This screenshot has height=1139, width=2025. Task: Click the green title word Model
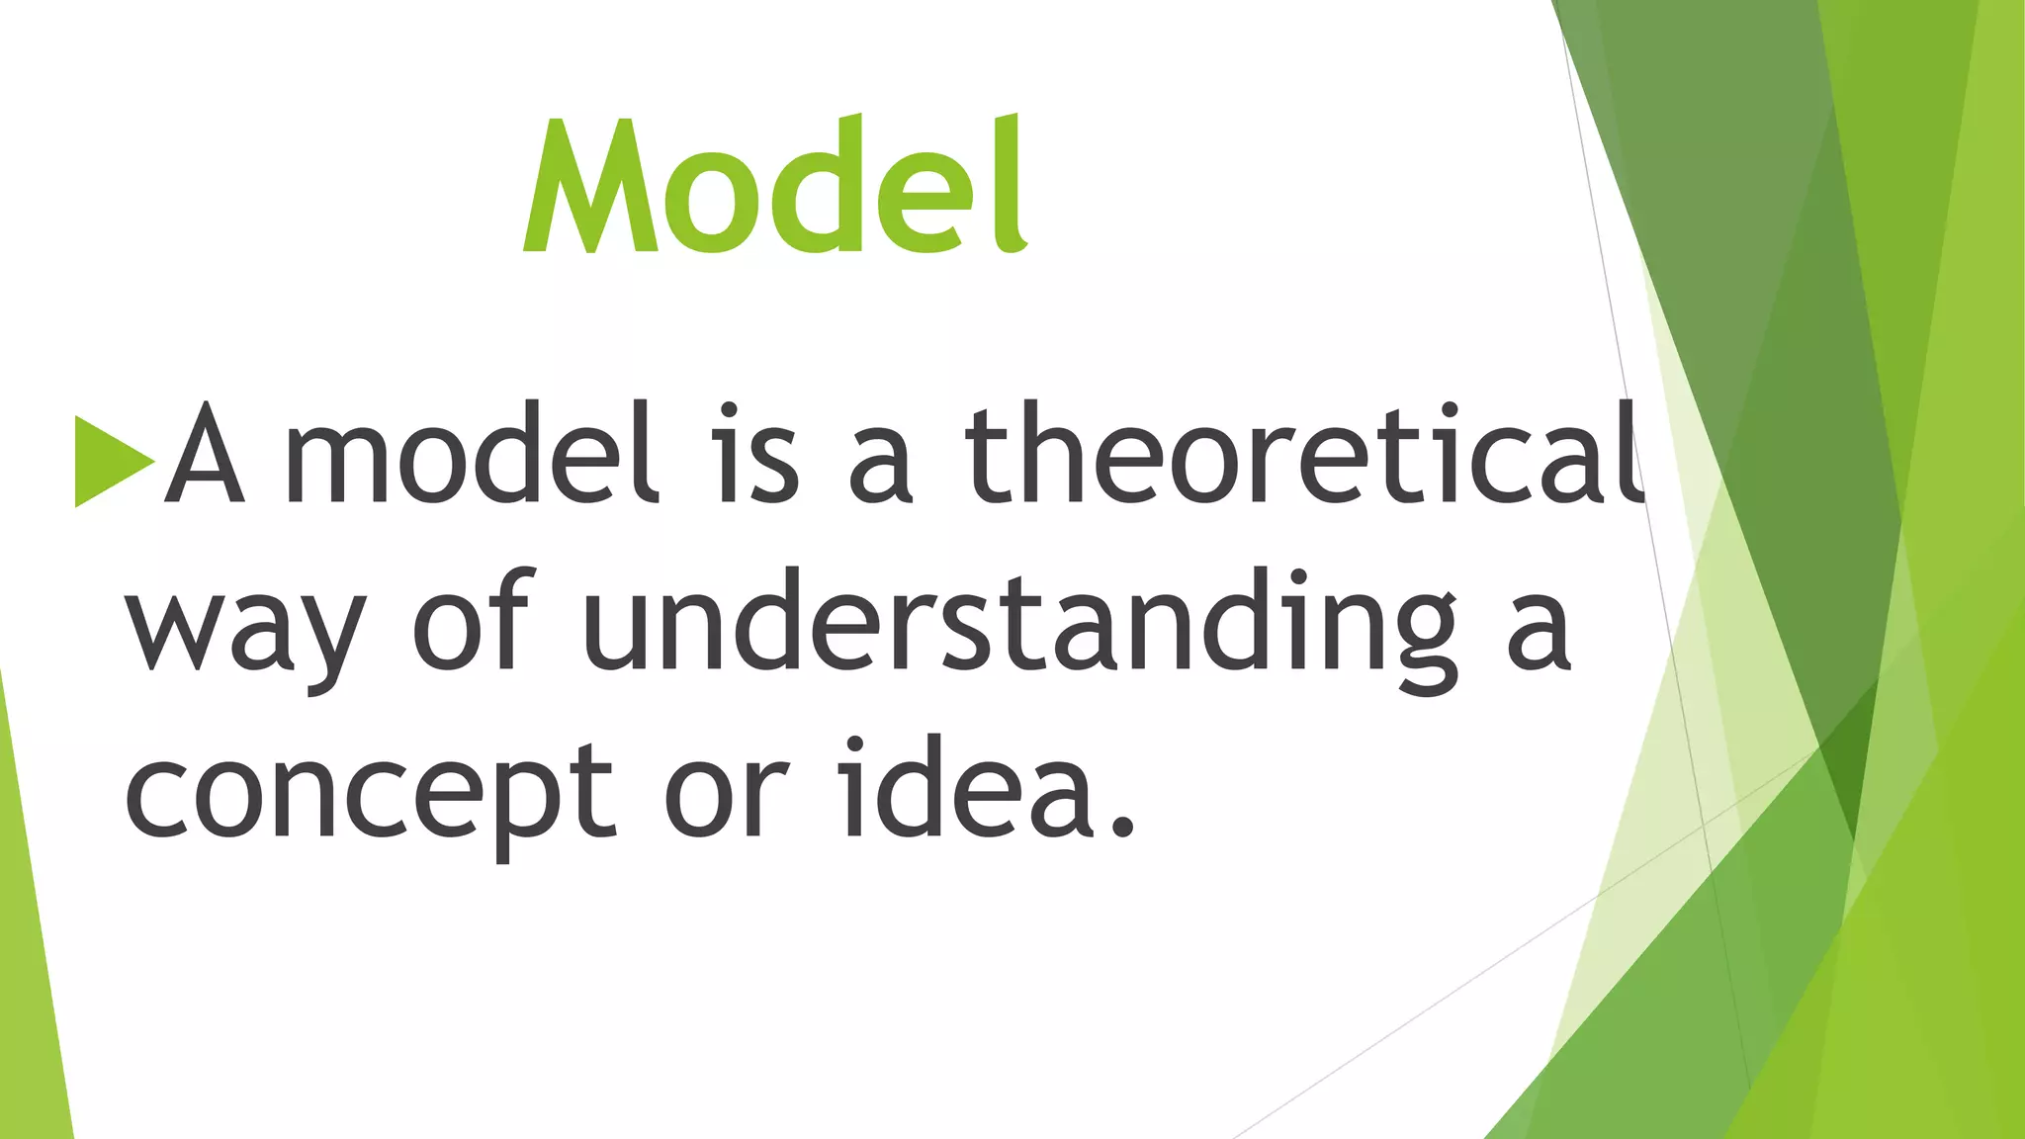pos(776,186)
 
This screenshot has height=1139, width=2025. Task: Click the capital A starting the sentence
pos(204,455)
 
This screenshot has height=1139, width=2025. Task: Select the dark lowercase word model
pos(471,455)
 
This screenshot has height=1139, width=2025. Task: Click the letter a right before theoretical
pos(880,465)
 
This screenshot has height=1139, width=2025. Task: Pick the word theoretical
pos(1303,455)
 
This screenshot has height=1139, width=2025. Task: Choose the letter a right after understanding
pos(1539,633)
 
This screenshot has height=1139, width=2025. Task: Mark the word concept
pos(371,796)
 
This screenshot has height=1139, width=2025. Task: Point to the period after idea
pos(1121,826)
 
